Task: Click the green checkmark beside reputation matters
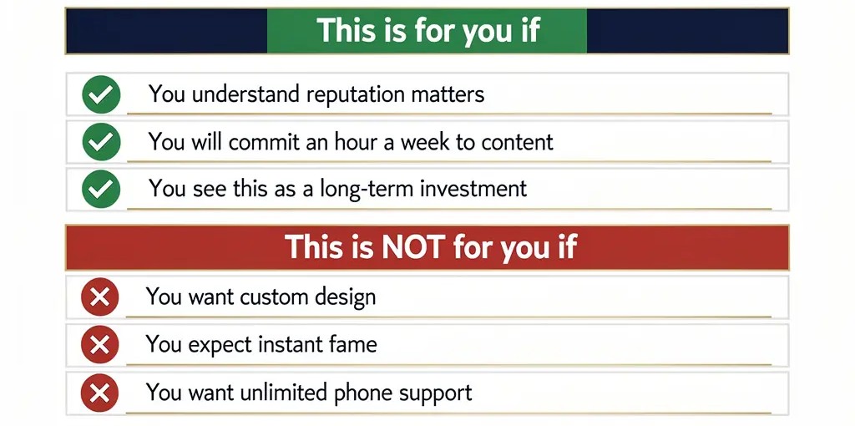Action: pos(101,94)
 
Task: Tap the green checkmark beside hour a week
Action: pos(101,142)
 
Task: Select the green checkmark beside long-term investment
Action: pos(101,189)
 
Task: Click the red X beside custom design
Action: pos(100,297)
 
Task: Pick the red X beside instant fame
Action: pos(100,344)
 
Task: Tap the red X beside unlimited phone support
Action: pos(100,393)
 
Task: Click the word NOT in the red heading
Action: pos(412,246)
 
